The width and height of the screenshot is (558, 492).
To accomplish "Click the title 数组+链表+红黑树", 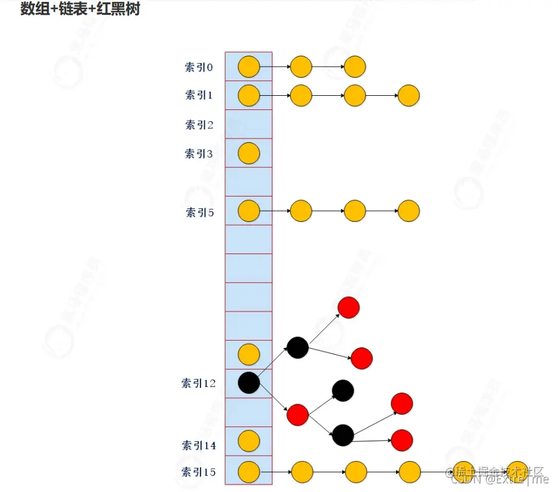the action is pos(80,9).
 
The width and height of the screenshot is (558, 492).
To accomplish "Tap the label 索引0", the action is pos(199,67).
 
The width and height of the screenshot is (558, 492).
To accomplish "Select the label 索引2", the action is pos(199,125).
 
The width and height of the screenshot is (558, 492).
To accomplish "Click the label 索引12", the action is pos(199,383).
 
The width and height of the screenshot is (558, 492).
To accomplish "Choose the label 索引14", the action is pos(199,445).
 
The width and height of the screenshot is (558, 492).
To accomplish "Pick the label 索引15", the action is pos(199,473).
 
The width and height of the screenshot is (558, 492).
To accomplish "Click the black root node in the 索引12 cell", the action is pos(249,383).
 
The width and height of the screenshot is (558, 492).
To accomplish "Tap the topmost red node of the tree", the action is pos(348,307).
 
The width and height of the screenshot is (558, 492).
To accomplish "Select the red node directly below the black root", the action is pos(298,415).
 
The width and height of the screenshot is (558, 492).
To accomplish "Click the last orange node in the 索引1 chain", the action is pos(409,96).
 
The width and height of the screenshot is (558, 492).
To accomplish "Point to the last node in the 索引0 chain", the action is pos(355,66).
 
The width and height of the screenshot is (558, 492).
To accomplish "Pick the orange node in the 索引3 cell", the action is pos(249,153).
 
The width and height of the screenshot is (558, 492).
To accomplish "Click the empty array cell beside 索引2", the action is pos(249,124).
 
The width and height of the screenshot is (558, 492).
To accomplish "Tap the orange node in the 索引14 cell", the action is pos(249,441).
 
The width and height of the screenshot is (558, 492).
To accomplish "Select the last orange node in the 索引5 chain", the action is pos(409,211).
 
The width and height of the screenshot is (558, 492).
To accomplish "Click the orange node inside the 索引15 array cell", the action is pos(249,472).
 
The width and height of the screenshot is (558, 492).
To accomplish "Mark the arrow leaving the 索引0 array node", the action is pos(275,67).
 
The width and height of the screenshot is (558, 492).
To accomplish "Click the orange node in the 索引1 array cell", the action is pos(249,95).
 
